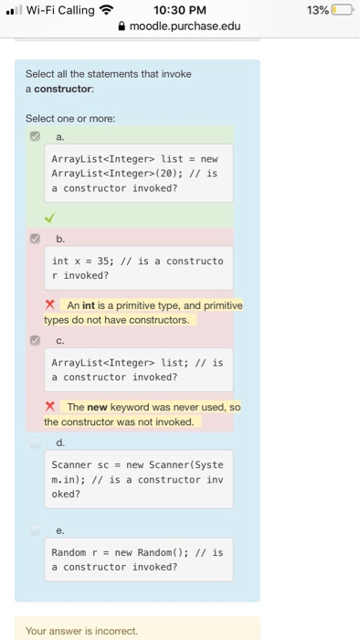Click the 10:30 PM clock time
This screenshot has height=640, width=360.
[x=179, y=10]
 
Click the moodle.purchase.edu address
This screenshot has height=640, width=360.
[x=185, y=26]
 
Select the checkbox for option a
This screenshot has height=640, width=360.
[x=35, y=134]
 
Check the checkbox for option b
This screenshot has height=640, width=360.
[x=35, y=237]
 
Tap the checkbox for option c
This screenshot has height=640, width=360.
[x=35, y=339]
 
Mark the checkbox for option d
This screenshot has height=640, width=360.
[x=35, y=442]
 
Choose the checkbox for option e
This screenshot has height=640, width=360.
[x=35, y=528]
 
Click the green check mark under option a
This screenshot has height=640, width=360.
[x=51, y=216]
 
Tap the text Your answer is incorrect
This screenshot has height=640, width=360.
[x=81, y=631]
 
